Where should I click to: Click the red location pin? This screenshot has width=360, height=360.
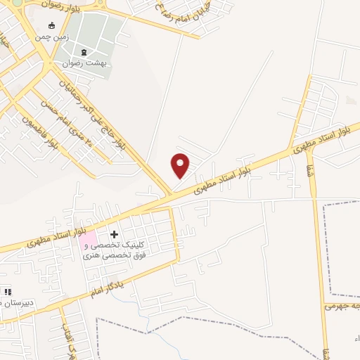[x=181, y=165]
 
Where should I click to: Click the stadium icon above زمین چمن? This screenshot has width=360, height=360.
[x=50, y=25]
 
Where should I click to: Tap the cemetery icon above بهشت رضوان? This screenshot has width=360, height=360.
[x=85, y=52]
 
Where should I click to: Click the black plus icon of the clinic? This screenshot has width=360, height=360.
[x=114, y=233]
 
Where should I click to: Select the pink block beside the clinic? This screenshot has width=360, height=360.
[x=88, y=240]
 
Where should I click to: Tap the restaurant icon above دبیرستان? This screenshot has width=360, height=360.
[x=8, y=291]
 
